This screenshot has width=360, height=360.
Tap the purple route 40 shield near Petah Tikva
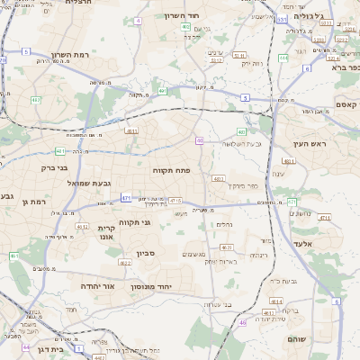pyautogui.click(x=200, y=140)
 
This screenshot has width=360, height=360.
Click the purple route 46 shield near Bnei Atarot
pyautogui.click(x=242, y=322)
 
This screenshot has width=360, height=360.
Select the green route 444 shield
pyautogui.click(x=283, y=58)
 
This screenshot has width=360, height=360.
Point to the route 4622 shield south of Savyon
pyautogui.click(x=123, y=263)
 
